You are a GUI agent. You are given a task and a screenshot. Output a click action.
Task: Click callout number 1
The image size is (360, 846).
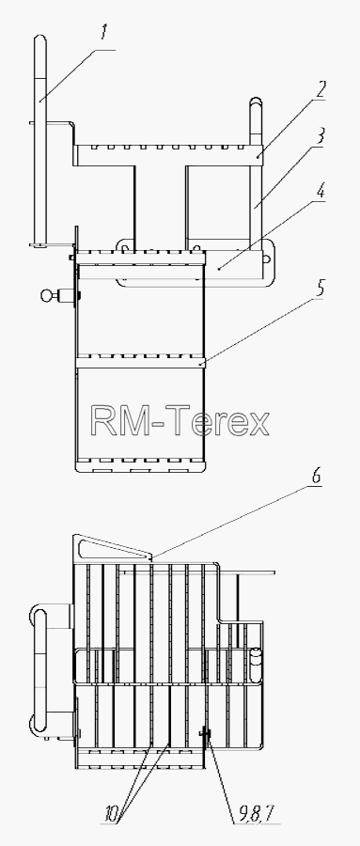(103, 34)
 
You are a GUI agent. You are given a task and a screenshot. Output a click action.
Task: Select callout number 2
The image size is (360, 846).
(321, 89)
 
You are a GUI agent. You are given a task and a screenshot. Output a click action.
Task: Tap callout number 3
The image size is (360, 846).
(321, 136)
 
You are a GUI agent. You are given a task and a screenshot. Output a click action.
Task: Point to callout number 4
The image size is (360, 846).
(321, 193)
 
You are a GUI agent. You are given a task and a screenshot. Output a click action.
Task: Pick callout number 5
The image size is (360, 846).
(321, 289)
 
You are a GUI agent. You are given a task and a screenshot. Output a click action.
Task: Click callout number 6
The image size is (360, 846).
(317, 477)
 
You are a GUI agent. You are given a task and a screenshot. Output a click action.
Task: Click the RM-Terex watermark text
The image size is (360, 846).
(180, 421)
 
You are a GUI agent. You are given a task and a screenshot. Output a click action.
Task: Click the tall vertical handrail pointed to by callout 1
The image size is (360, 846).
(39, 140)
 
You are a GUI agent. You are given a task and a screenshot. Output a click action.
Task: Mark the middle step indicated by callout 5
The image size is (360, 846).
(140, 362)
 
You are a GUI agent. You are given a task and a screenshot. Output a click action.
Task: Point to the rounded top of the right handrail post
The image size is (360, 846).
(256, 102)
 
